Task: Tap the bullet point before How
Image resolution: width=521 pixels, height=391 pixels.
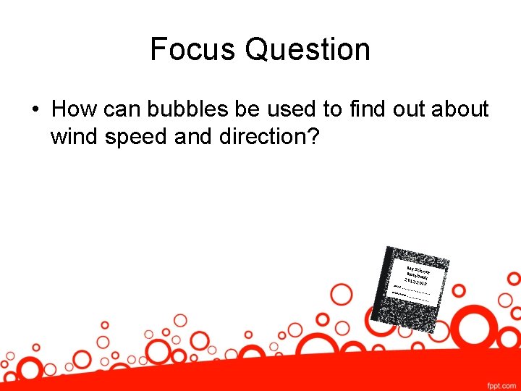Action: pyautogui.click(x=35, y=110)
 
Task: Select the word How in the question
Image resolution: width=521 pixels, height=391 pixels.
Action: pyautogui.click(x=71, y=109)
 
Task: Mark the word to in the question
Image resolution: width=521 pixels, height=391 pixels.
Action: pyautogui.click(x=332, y=109)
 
